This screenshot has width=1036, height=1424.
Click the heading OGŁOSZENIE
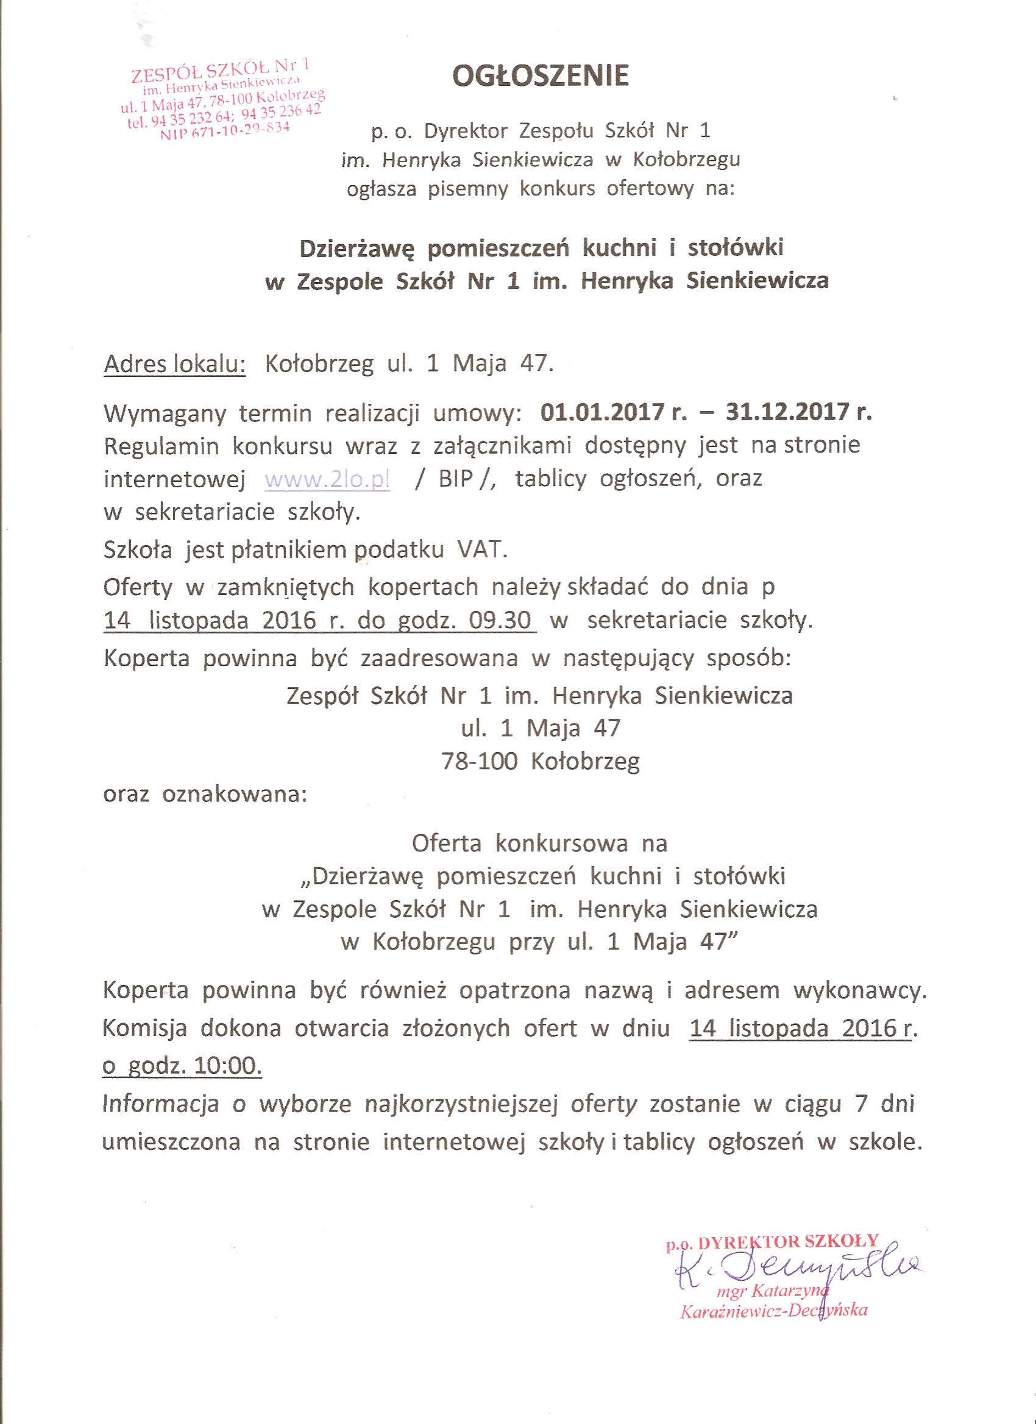pos(541,76)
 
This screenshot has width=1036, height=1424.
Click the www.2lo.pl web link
pos(327,479)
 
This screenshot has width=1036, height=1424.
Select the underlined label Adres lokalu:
pos(175,364)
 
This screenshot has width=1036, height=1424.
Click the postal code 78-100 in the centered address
pos(480,761)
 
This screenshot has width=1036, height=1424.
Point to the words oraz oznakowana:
pos(205,794)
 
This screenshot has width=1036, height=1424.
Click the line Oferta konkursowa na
pos(540,844)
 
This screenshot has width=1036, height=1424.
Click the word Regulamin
pos(161,446)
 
